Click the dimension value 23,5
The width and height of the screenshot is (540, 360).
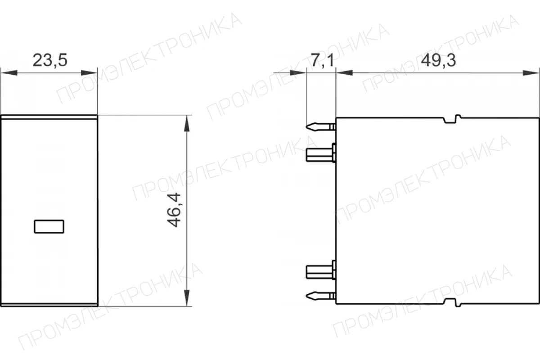coord(50,60)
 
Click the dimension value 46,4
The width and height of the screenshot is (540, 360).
coord(174,210)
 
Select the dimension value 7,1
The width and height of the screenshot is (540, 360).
coord(323,60)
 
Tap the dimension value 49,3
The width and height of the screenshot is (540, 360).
coord(438,60)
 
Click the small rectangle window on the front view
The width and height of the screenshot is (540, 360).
coord(49,226)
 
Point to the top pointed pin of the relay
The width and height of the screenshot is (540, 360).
coord(321,127)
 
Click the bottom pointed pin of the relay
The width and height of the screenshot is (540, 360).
coord(321,296)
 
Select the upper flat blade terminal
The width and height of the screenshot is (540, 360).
coord(321,153)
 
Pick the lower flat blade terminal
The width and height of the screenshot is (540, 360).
coord(321,270)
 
